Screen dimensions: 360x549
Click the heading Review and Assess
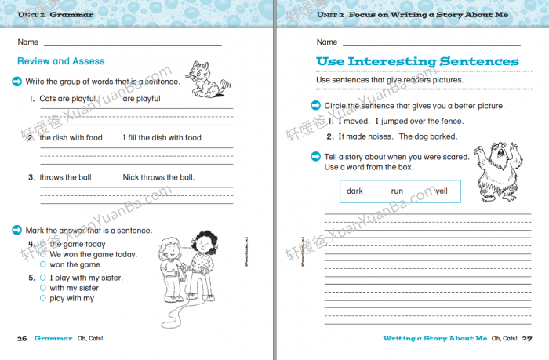coord(60,61)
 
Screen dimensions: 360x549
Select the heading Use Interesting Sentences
coord(416,61)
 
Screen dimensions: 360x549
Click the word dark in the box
coord(355,191)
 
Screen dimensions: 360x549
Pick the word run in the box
coord(398,191)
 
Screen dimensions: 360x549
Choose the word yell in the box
coord(442,191)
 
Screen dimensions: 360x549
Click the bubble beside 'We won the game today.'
coord(43,255)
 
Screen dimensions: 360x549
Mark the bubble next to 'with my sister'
coord(43,288)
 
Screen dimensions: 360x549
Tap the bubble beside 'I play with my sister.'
coord(43,278)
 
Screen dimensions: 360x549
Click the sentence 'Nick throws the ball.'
coord(158,177)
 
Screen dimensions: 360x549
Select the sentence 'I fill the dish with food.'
coord(162,138)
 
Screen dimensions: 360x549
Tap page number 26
coord(22,338)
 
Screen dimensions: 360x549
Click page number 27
coord(527,338)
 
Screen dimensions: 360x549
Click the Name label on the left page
coord(27,42)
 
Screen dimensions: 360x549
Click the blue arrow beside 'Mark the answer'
coord(17,230)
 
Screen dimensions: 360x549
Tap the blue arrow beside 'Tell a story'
coord(317,156)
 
